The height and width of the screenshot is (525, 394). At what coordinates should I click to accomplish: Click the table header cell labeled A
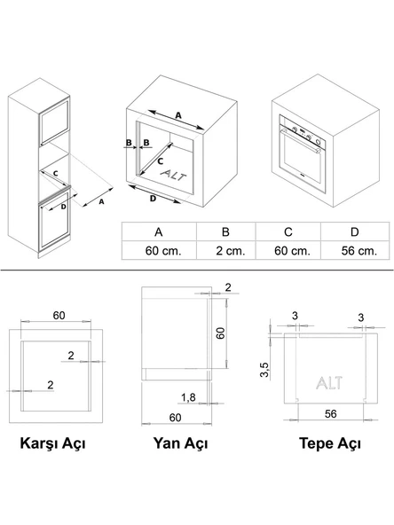click(x=159, y=231)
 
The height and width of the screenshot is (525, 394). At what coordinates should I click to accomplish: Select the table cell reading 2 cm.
click(x=226, y=250)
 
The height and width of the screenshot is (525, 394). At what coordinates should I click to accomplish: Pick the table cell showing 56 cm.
click(x=355, y=250)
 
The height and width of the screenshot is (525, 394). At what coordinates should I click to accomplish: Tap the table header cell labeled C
click(x=288, y=231)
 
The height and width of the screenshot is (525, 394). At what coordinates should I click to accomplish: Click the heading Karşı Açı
click(x=52, y=443)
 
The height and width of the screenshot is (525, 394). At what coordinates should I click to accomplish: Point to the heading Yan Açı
click(x=180, y=443)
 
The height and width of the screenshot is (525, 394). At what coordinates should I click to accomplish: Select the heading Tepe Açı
click(x=330, y=443)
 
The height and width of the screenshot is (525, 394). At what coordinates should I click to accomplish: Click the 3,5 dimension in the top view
click(x=264, y=370)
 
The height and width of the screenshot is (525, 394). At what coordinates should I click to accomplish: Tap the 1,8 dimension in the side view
click(x=188, y=397)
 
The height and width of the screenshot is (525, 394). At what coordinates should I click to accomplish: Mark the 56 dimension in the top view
click(x=330, y=414)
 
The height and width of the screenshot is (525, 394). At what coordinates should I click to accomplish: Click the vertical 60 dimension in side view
click(x=220, y=333)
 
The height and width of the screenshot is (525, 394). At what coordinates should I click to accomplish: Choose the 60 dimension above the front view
click(x=59, y=316)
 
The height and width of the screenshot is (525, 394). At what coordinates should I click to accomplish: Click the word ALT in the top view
click(x=329, y=383)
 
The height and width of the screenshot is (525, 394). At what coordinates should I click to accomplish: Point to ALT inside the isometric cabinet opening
click(x=173, y=175)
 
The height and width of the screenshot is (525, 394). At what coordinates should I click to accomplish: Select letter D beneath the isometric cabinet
click(x=154, y=199)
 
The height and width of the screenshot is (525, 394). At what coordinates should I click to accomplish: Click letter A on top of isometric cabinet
click(x=178, y=115)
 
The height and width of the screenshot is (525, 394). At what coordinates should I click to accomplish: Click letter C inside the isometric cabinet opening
click(x=161, y=161)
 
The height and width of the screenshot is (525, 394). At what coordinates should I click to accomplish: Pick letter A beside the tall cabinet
click(x=101, y=201)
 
